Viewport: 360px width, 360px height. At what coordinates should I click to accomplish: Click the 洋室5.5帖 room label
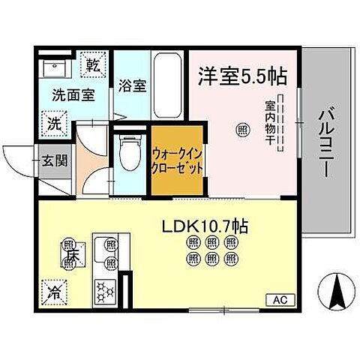coord(243,75)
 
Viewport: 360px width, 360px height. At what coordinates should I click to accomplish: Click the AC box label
coord(277,300)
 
